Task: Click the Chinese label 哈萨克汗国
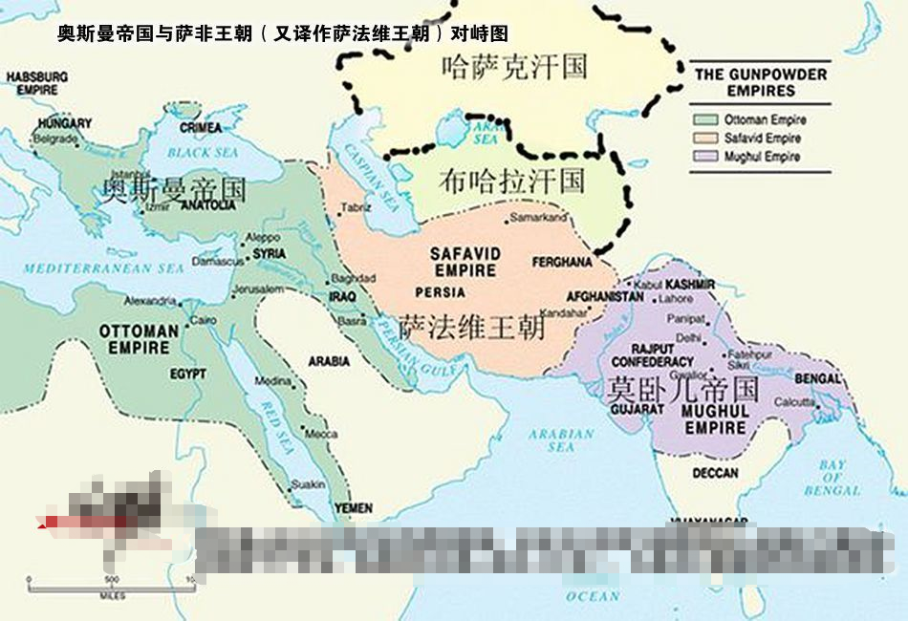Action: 514,67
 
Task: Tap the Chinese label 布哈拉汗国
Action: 511,180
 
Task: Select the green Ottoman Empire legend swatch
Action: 706,120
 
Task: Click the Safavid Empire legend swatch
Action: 706,139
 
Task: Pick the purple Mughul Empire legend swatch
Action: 706,157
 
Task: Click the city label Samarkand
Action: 539,218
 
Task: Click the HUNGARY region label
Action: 65,123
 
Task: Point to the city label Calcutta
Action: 794,401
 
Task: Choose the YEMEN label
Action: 354,508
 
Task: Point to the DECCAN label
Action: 715,473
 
